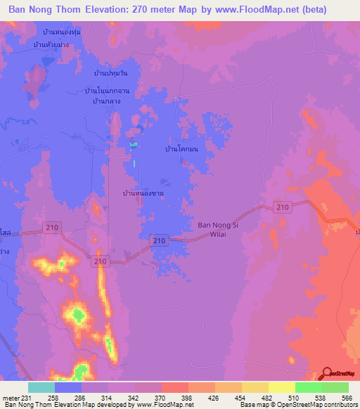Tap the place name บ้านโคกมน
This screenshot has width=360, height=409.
[x=181, y=150]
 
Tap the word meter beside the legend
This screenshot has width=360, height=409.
[x=11, y=397]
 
